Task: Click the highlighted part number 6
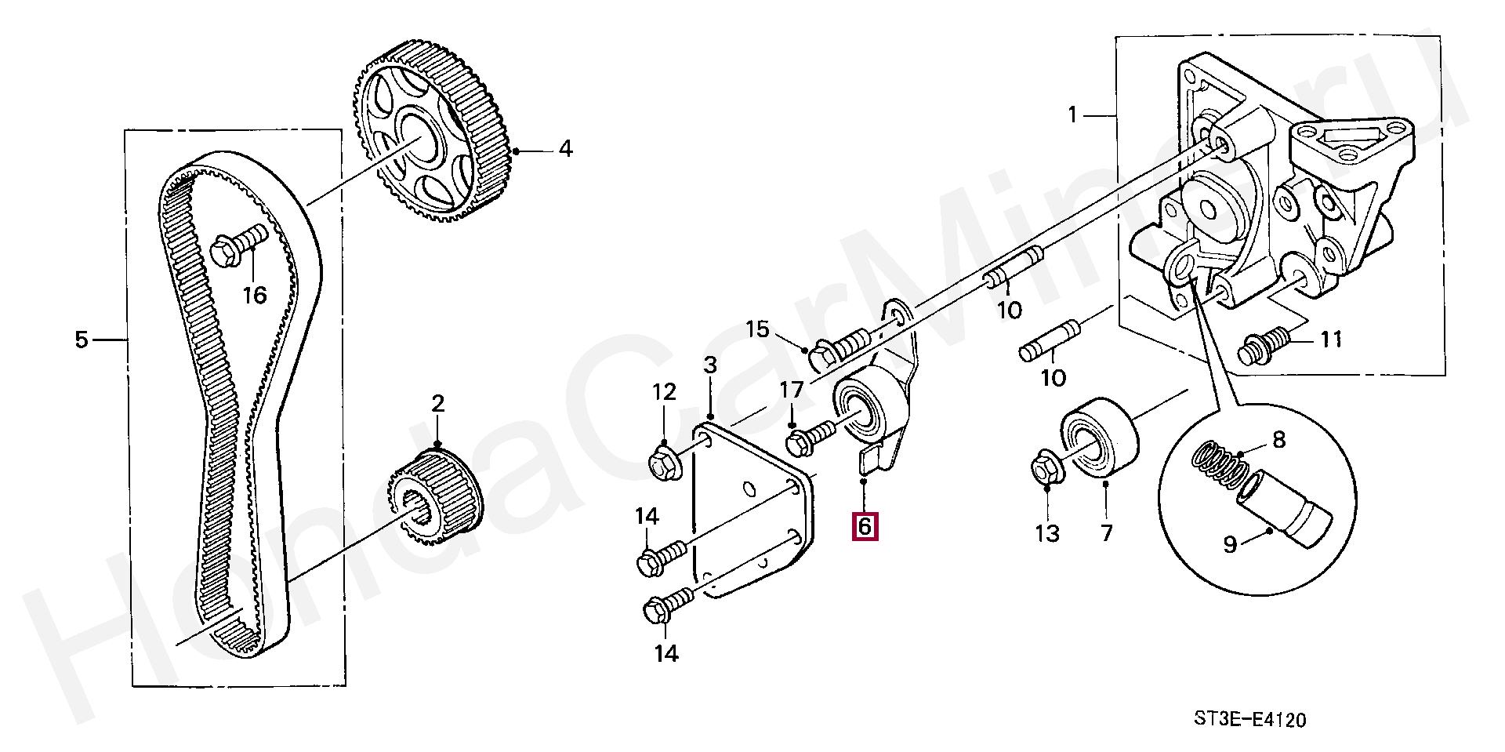tap(865, 526)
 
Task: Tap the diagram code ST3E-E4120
tap(1249, 719)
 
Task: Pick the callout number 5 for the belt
tap(82, 340)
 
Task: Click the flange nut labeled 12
tap(665, 463)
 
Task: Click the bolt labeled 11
tap(1262, 347)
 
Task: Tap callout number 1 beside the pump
tap(1073, 115)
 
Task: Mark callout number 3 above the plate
tap(710, 365)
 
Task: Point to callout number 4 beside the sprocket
tap(565, 148)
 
